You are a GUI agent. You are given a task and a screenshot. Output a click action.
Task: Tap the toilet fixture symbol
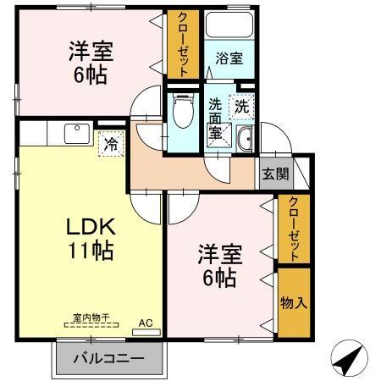coord(180,111)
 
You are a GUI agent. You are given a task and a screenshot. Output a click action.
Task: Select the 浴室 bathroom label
coord(229,60)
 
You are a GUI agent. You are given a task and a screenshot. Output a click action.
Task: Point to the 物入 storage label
coord(293,301)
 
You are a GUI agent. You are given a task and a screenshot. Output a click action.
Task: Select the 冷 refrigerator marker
coord(110,144)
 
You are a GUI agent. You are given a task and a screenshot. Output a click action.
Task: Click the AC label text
coord(146,323)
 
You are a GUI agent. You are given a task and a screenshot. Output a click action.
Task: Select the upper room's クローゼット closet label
coord(183,44)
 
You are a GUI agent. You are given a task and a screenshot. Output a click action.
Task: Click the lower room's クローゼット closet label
coord(293,229)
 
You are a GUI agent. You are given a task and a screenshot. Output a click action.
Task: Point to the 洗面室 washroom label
coord(216,119)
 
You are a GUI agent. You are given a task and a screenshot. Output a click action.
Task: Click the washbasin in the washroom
coord(246,141)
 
